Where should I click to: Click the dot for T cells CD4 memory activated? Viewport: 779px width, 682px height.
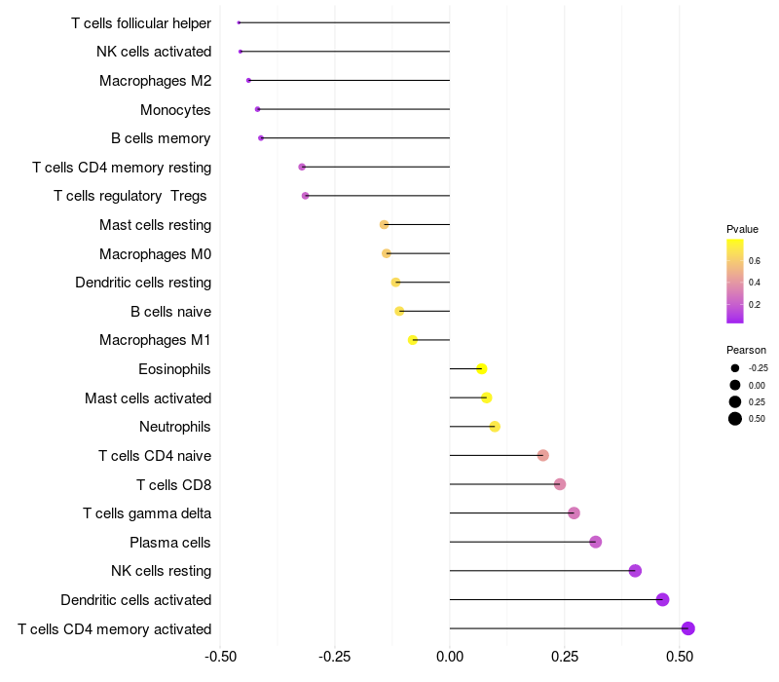[x=687, y=628]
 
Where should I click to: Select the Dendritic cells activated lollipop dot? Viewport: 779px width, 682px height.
[x=662, y=599]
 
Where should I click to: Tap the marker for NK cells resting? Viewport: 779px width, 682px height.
[x=635, y=571]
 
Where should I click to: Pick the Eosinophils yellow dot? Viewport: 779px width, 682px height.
[x=481, y=369]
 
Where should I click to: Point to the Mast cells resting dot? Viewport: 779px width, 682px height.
[x=384, y=225]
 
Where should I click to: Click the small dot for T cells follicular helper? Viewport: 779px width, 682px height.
[x=239, y=22]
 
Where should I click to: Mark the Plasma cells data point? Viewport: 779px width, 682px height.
[x=596, y=542]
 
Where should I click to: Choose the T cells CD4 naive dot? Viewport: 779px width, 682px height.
[x=543, y=455]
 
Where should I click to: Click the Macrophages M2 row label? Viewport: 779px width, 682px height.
[x=155, y=81]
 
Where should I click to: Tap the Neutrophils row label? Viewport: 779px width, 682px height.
[x=175, y=427]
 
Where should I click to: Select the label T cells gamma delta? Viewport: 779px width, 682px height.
[x=147, y=513]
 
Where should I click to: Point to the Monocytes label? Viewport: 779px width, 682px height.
[x=175, y=110]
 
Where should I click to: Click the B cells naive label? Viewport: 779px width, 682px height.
[x=171, y=312]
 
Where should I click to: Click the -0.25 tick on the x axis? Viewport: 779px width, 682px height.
[x=335, y=657]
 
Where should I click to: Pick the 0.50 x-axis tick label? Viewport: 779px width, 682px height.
[x=680, y=657]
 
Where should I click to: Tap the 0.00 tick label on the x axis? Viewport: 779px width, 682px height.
[x=450, y=657]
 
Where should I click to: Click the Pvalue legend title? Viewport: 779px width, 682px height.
[x=742, y=229]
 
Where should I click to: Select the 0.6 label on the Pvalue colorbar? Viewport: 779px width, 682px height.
[x=754, y=261]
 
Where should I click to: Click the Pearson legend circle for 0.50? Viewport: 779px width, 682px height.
[x=735, y=419]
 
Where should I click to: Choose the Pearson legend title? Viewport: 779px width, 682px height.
[x=746, y=350]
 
